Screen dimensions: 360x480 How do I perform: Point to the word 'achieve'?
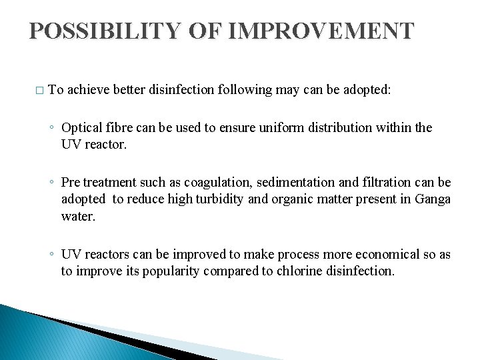click(89, 89)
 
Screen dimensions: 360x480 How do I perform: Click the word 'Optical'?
click(81, 127)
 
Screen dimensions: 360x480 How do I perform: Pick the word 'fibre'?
click(116, 127)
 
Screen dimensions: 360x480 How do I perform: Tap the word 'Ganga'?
click(433, 199)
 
